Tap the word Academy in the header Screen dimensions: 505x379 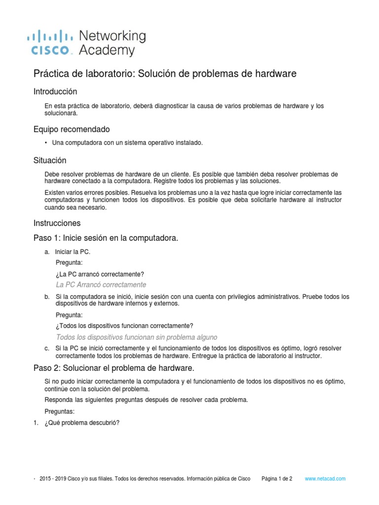(x=107, y=50)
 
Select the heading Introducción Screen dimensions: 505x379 (x=55, y=92)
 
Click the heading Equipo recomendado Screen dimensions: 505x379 (x=72, y=129)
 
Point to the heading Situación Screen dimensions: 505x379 (x=50, y=161)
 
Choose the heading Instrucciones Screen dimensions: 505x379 (x=57, y=223)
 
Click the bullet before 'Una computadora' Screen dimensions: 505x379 (x=46, y=143)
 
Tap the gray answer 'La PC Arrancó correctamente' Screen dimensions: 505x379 (x=101, y=285)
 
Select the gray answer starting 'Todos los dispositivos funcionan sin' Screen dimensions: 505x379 (x=137, y=337)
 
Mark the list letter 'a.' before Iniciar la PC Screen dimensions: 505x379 (x=47, y=252)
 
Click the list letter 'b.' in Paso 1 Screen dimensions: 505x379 (x=47, y=297)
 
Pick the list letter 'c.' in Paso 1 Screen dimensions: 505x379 (x=47, y=349)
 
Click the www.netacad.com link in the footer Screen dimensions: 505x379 (x=325, y=478)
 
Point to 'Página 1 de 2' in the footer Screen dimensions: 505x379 (x=277, y=478)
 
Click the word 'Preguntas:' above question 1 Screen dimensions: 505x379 (x=60, y=411)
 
